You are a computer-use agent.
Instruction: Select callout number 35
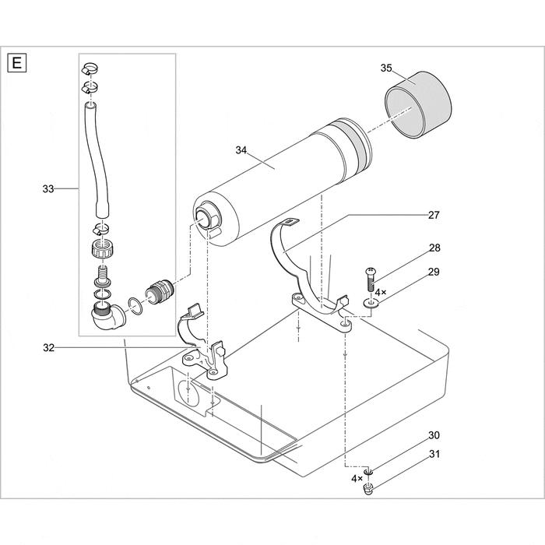click(386, 68)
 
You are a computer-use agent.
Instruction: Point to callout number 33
click(49, 188)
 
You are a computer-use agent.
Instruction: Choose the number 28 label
click(434, 248)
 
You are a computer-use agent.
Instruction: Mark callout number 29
click(434, 272)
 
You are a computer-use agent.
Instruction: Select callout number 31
click(434, 455)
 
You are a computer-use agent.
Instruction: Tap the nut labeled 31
click(368, 489)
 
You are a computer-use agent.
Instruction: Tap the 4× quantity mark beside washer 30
click(357, 477)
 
